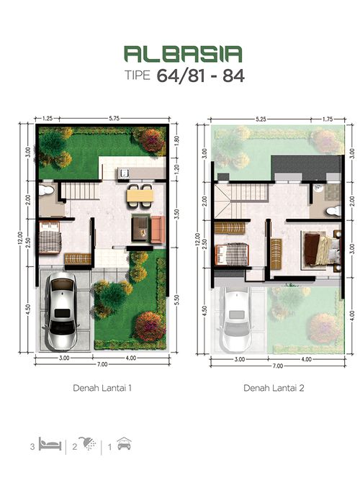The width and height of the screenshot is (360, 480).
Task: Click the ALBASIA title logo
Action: point(183,54)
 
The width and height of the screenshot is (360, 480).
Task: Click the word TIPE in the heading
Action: point(138,76)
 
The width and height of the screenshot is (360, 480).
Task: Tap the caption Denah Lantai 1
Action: point(102,388)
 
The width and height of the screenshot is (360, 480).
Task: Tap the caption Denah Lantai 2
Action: point(274,388)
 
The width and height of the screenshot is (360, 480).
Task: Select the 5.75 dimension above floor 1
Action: point(114,118)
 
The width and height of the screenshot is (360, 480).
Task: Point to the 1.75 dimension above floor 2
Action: point(328,119)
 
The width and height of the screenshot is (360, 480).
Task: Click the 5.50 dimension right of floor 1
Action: point(176,300)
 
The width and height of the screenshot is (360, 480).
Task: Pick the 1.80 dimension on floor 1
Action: point(176,140)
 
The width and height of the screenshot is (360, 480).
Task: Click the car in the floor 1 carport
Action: point(62,311)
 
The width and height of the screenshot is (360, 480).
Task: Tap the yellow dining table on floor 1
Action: point(140,196)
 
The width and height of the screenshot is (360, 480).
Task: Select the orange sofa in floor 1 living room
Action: point(158,230)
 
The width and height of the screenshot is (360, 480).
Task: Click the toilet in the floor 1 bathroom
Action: point(47,191)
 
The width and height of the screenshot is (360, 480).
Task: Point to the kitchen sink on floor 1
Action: point(125,174)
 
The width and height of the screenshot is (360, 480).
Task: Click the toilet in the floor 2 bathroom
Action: point(333,211)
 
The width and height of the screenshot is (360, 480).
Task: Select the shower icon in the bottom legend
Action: point(88,443)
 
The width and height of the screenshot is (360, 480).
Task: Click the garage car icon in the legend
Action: point(124,444)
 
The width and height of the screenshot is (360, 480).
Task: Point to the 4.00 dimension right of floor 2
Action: point(352,316)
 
